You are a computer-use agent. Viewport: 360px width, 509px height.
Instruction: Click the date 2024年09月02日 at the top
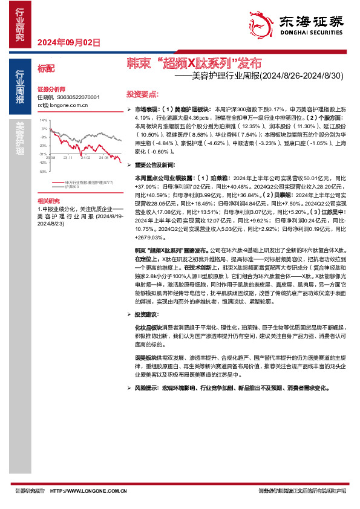pyautogui.click(x=68, y=42)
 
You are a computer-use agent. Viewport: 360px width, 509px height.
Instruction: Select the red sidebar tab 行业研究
pyautogui.click(x=20, y=24)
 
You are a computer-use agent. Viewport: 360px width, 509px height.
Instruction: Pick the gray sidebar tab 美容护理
pyautogui.click(x=20, y=138)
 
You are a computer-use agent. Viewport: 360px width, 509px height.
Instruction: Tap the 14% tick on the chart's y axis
pyautogui.click(x=44, y=120)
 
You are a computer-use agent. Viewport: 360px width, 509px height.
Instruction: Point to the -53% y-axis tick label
pyautogui.click(x=43, y=172)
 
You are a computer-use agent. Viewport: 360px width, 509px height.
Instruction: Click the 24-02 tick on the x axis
pyautogui.click(x=86, y=157)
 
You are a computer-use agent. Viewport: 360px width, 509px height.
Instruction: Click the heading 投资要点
pyautogui.click(x=142, y=94)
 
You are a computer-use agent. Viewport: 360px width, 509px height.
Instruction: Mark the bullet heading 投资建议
pyautogui.click(x=147, y=314)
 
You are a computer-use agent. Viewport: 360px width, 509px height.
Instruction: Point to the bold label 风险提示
pyautogui.click(x=147, y=384)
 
